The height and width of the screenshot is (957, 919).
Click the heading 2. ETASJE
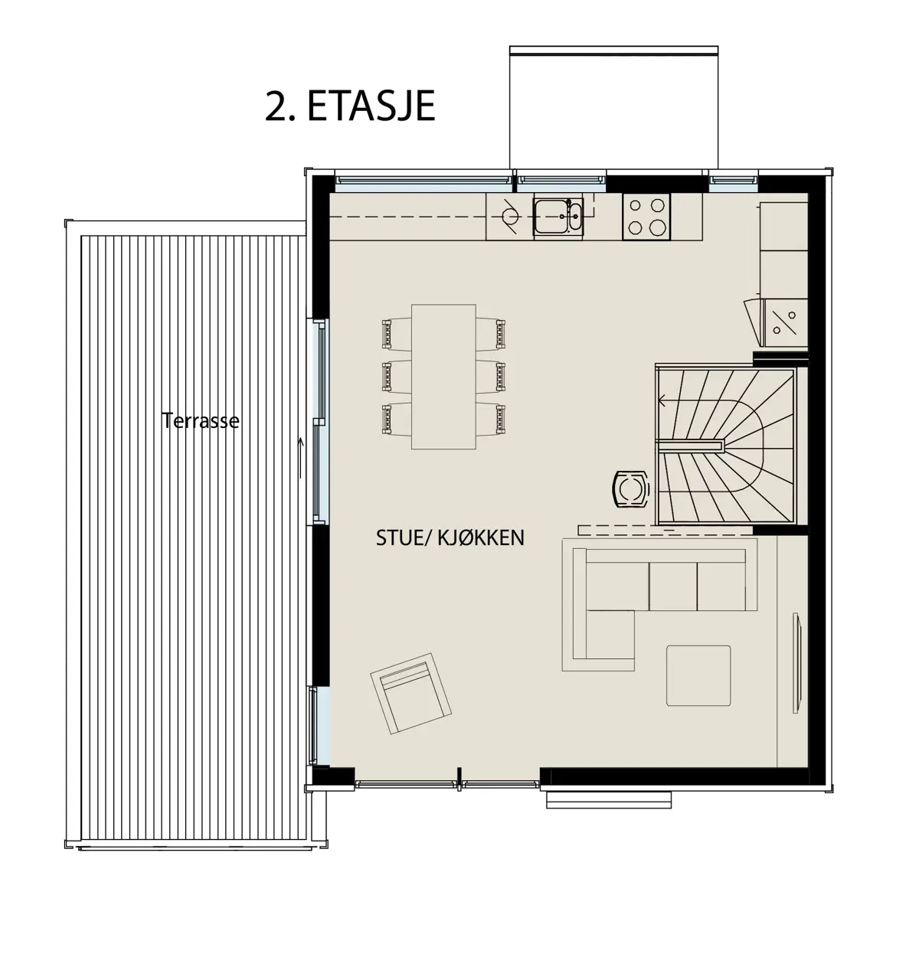350,106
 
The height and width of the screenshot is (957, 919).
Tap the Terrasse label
200,420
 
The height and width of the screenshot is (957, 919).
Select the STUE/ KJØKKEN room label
450,538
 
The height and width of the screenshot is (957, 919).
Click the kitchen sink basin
558,216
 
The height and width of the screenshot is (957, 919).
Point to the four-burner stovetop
646,217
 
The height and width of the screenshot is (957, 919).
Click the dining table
443,377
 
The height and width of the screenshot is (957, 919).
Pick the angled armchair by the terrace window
410,694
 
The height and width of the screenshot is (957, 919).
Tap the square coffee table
698,676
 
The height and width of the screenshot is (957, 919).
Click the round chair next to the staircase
630,488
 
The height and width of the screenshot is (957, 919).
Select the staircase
725,444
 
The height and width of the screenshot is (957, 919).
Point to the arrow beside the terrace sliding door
301,457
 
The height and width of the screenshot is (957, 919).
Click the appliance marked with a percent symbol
783,322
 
